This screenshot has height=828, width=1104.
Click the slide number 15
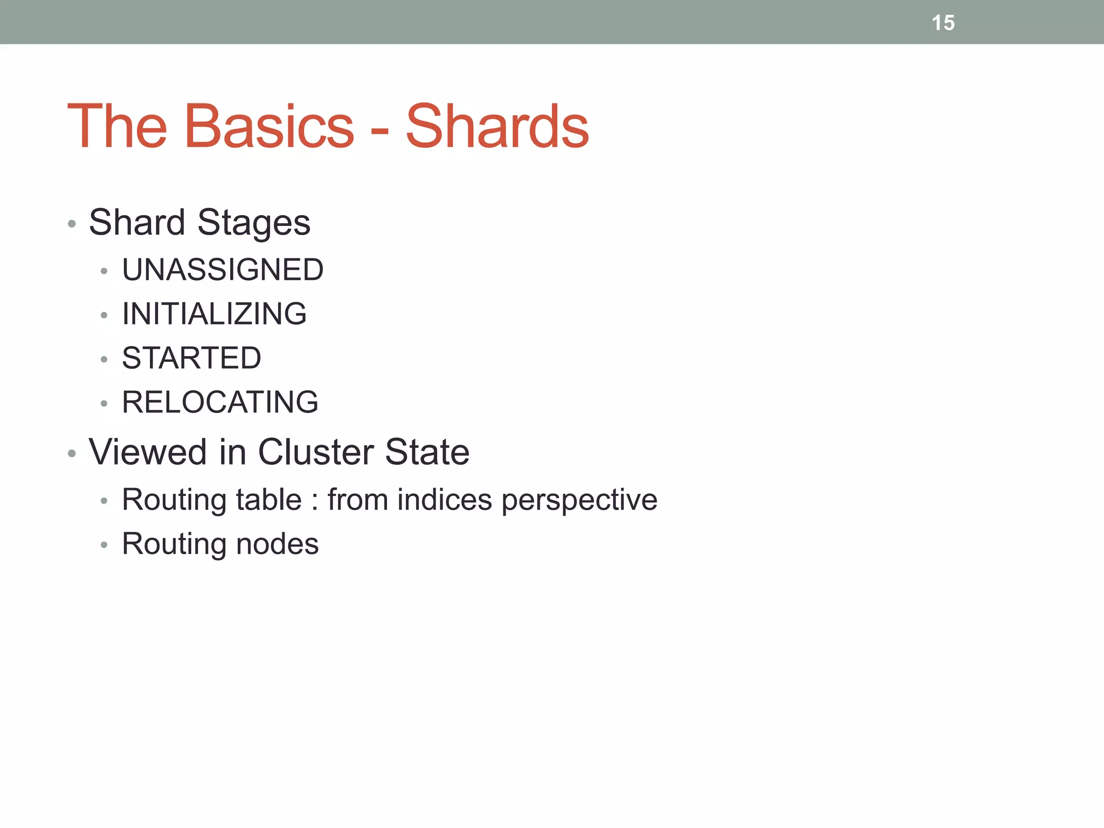[943, 23]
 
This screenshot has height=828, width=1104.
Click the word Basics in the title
[269, 127]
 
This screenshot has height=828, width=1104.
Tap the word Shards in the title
[497, 127]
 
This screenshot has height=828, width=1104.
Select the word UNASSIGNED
[223, 270]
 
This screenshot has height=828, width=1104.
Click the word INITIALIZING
[214, 314]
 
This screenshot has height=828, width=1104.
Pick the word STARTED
[191, 358]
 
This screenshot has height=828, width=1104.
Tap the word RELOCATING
[220, 402]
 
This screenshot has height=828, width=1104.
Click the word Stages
[253, 223]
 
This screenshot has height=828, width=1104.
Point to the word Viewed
[148, 452]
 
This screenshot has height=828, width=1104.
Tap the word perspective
[579, 500]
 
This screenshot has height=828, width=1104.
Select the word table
[268, 499]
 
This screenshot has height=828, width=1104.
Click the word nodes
[277, 544]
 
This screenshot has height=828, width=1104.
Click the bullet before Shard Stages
[72, 224]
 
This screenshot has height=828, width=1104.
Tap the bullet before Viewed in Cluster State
[72, 453]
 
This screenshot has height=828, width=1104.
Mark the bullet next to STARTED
[104, 360]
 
